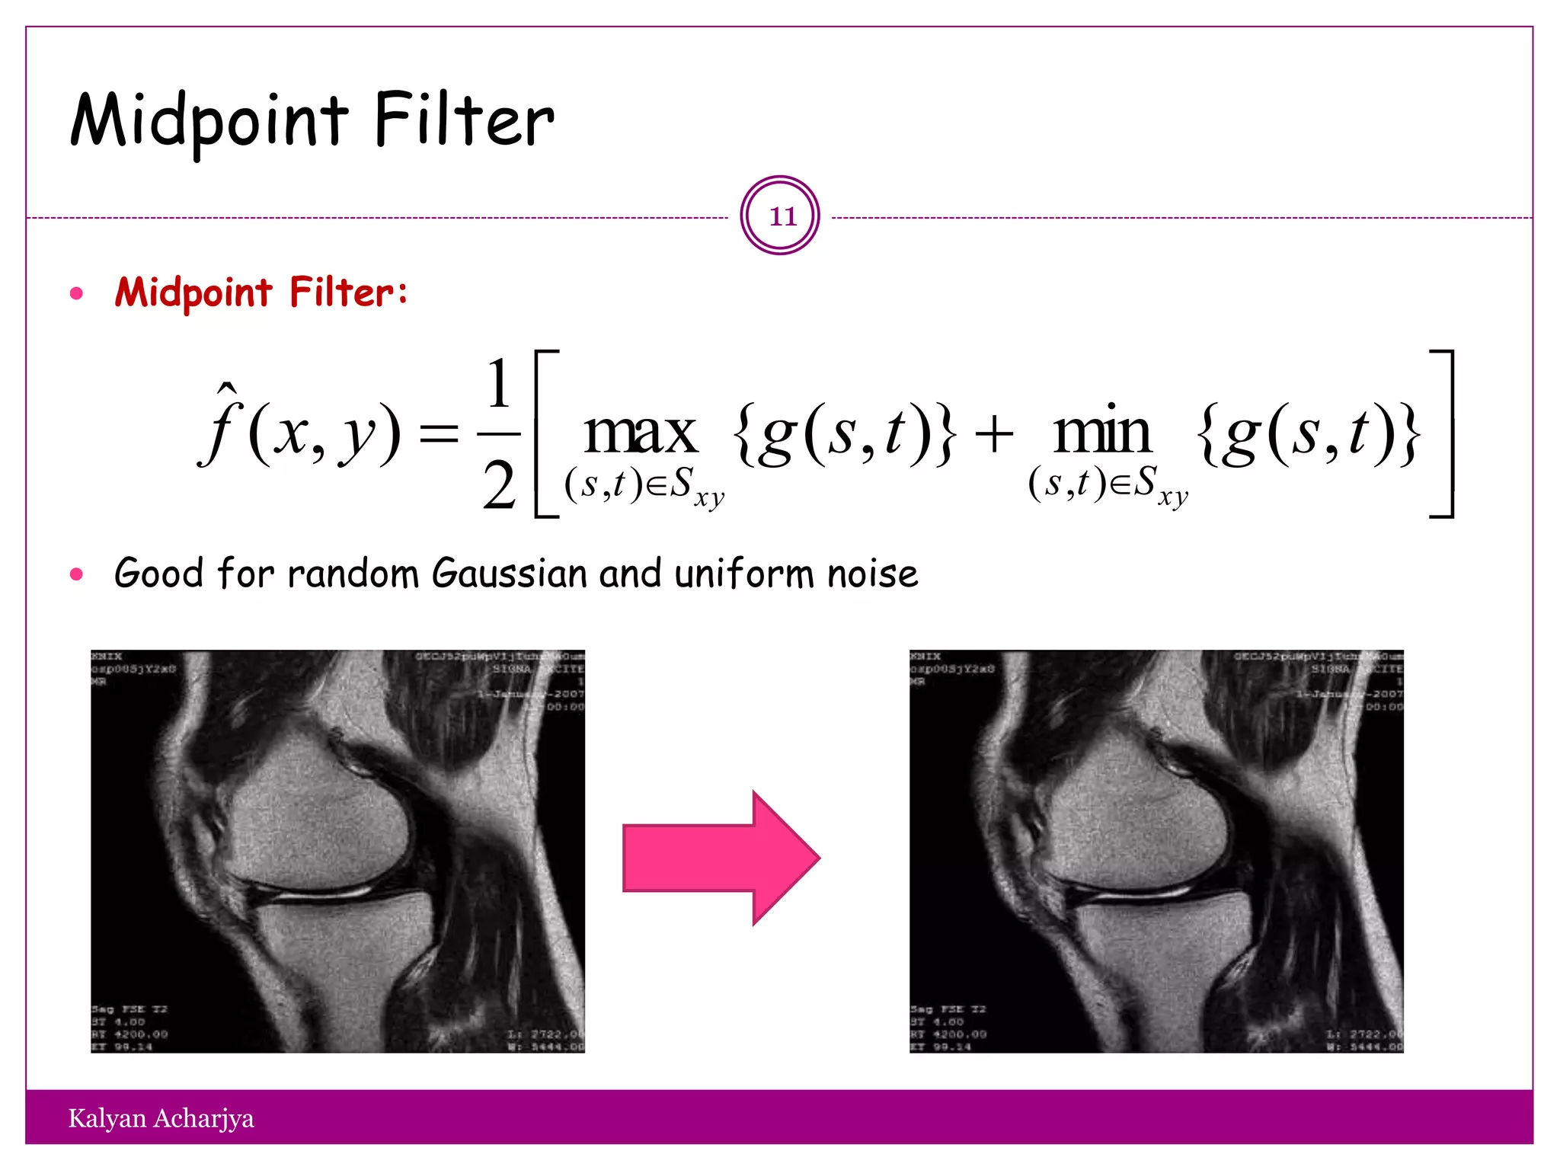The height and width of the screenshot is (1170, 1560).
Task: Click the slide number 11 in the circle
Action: [782, 216]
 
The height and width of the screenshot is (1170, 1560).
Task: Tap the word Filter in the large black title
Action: [464, 120]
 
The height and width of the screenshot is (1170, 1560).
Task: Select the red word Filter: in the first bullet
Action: [348, 292]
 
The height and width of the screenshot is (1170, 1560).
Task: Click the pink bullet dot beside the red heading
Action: [76, 293]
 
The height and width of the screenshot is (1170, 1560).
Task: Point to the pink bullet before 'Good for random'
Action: [76, 574]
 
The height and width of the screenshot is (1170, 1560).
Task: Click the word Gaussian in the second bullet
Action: [512, 574]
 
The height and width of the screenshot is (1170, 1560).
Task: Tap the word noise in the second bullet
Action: [873, 574]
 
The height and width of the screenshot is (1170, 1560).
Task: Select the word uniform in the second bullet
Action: [744, 574]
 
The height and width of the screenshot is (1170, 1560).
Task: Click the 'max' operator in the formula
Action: [640, 433]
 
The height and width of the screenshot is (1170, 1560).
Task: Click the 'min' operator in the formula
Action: [1102, 433]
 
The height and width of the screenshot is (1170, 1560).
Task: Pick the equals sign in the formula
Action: [440, 435]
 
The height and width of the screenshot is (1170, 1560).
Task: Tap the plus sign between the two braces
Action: [994, 435]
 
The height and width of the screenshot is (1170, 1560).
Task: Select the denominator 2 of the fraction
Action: [499, 485]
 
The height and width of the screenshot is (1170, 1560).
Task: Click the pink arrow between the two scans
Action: [720, 858]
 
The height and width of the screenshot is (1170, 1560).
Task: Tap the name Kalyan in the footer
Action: [107, 1118]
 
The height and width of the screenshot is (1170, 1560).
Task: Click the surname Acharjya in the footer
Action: [203, 1118]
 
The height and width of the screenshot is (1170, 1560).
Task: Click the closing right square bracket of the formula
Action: [1443, 434]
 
